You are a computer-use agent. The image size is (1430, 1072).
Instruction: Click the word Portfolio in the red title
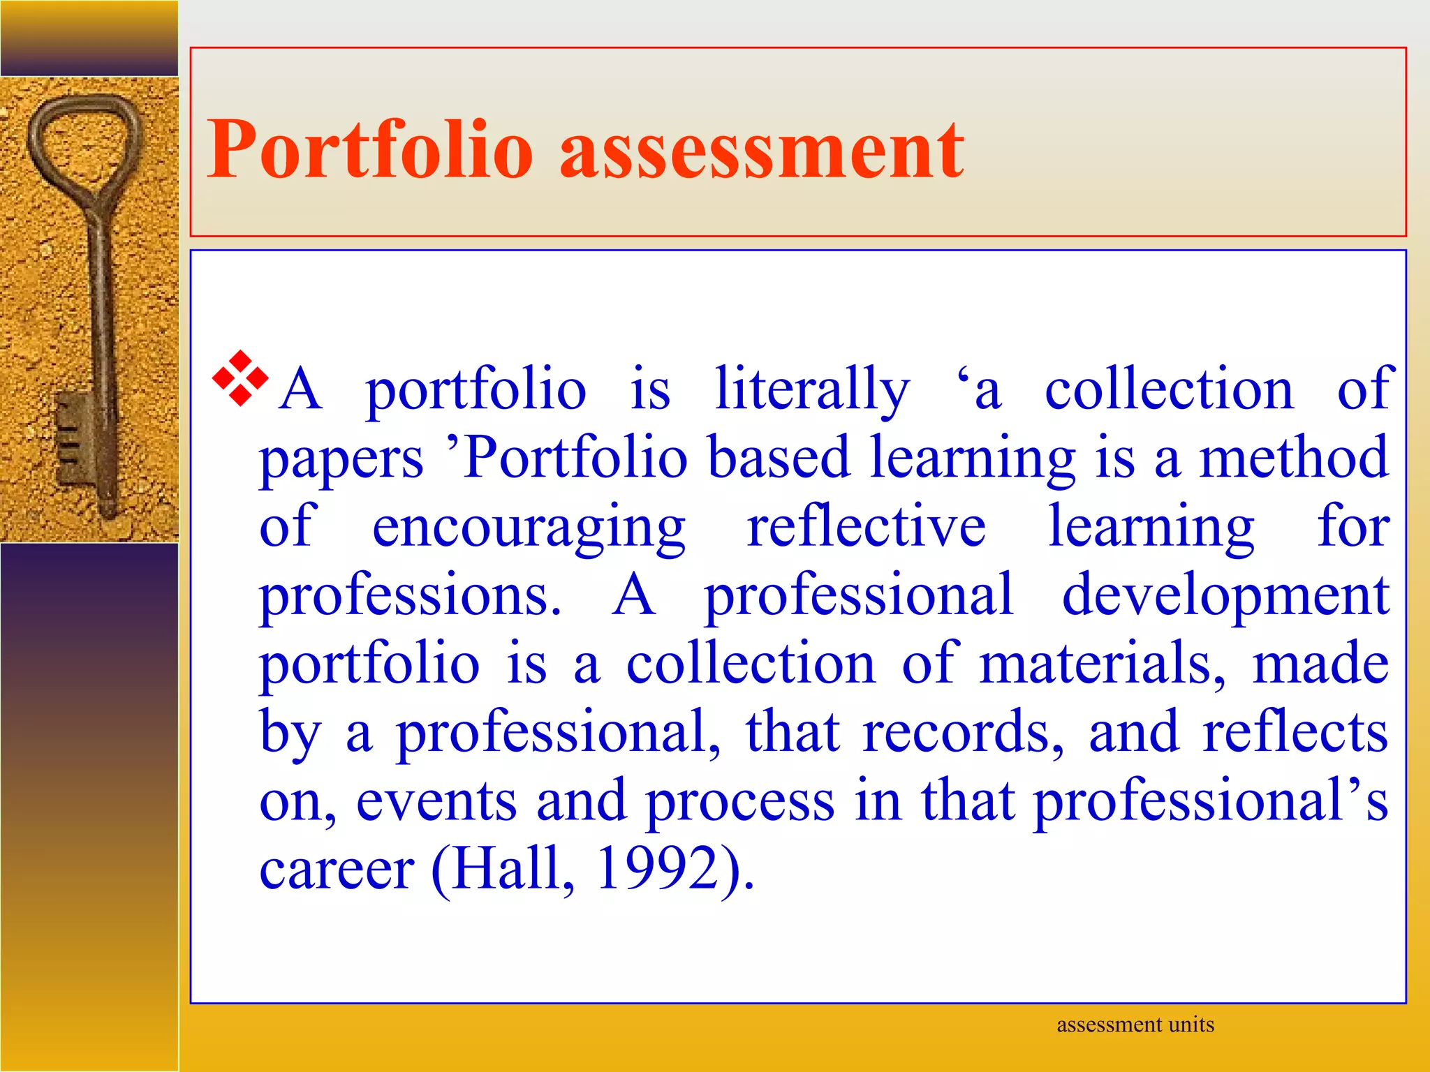371,149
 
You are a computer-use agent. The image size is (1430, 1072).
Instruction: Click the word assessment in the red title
762,149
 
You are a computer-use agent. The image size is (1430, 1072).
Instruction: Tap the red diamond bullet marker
240,378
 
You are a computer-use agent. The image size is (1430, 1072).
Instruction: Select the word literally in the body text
812,389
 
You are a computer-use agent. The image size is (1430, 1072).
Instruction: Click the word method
1294,457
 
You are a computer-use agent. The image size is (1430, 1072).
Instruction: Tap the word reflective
867,526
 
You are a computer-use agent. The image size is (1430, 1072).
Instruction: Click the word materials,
1102,664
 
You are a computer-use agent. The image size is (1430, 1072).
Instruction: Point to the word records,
964,732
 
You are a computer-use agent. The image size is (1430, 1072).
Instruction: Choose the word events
437,801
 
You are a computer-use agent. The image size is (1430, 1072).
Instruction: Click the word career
337,870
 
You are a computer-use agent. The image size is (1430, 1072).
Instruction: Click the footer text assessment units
1135,1025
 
